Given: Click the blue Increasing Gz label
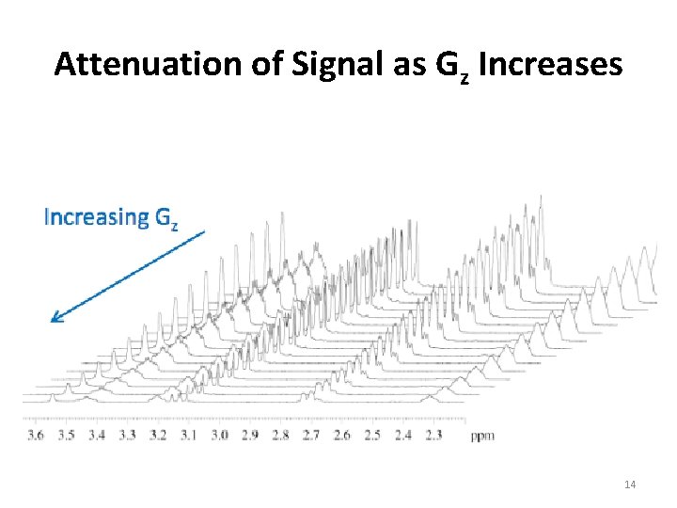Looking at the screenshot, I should click(111, 217).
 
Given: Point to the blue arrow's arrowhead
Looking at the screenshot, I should click(55, 318).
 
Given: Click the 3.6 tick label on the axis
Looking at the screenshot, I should click(36, 435).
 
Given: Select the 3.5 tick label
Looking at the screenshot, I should click(66, 435).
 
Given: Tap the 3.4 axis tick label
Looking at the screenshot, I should click(97, 435).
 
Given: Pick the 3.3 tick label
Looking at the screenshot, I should click(127, 435).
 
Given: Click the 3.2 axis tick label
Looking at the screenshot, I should click(158, 435).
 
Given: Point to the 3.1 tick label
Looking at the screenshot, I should click(188, 435).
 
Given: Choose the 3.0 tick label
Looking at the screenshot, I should click(219, 435).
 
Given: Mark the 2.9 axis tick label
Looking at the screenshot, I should click(249, 435).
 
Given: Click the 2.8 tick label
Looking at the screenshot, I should click(280, 435).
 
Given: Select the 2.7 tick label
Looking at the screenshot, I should click(310, 435).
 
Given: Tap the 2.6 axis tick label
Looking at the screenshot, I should click(341, 435).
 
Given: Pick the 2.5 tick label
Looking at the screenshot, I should click(372, 435).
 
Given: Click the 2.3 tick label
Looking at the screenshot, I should click(433, 435).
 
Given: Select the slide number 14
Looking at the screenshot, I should click(630, 484).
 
